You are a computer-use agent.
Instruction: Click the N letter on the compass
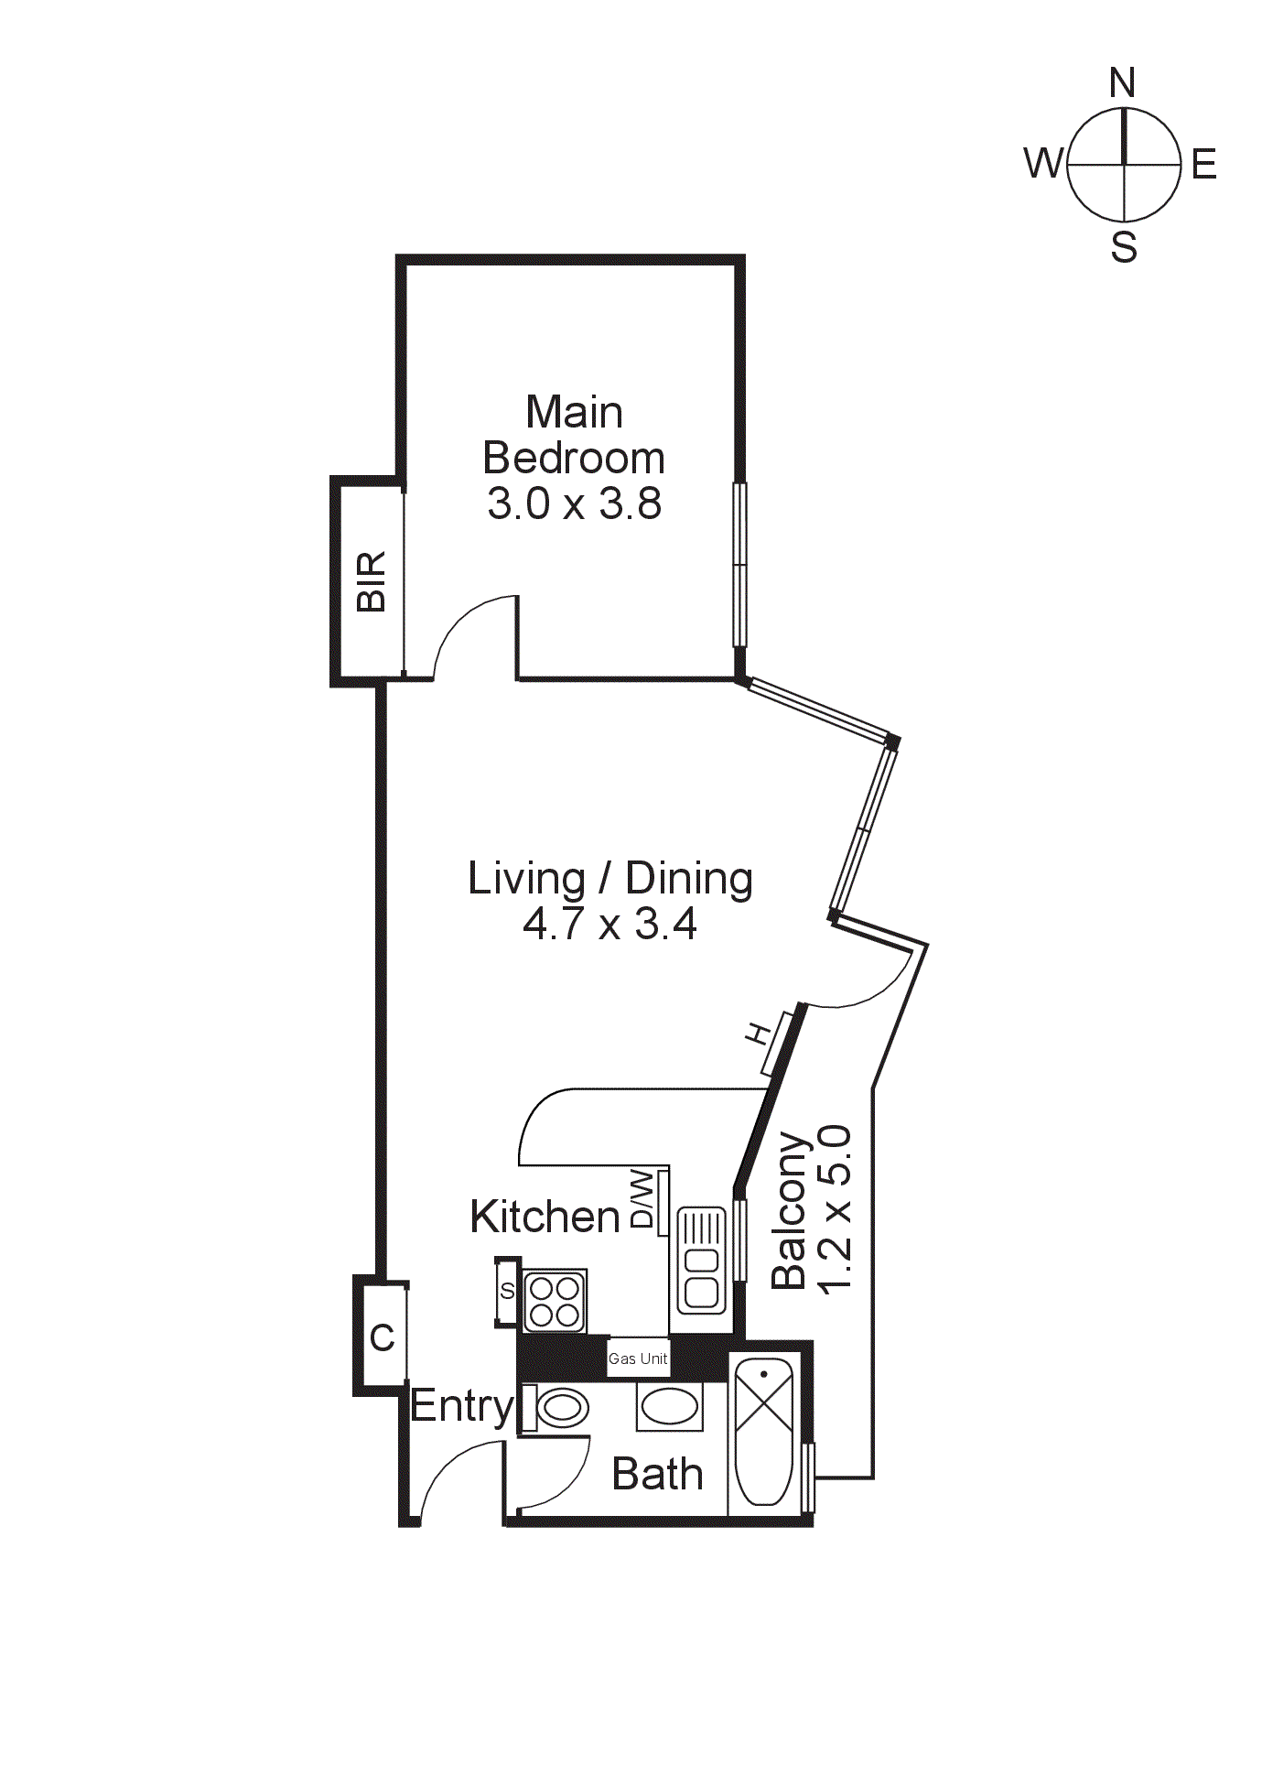point(1122,83)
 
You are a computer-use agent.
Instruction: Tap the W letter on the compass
point(1042,164)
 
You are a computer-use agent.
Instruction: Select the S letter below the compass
point(1124,248)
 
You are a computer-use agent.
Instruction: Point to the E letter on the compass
point(1203,166)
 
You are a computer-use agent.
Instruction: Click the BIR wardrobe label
point(372,581)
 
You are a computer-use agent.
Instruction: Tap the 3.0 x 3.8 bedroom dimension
point(574,504)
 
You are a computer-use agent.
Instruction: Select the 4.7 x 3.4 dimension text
point(609,924)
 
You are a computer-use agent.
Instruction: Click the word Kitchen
point(545,1217)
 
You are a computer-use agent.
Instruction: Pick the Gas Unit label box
point(638,1358)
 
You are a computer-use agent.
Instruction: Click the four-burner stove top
point(555,1302)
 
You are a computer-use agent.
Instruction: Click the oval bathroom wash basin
point(669,1407)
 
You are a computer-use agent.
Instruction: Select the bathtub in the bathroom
point(763,1435)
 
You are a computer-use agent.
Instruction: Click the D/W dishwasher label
point(644,1199)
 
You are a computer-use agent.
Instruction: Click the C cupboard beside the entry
point(383,1338)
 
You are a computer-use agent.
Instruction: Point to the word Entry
point(462,1406)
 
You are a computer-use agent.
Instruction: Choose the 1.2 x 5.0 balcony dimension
point(836,1208)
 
